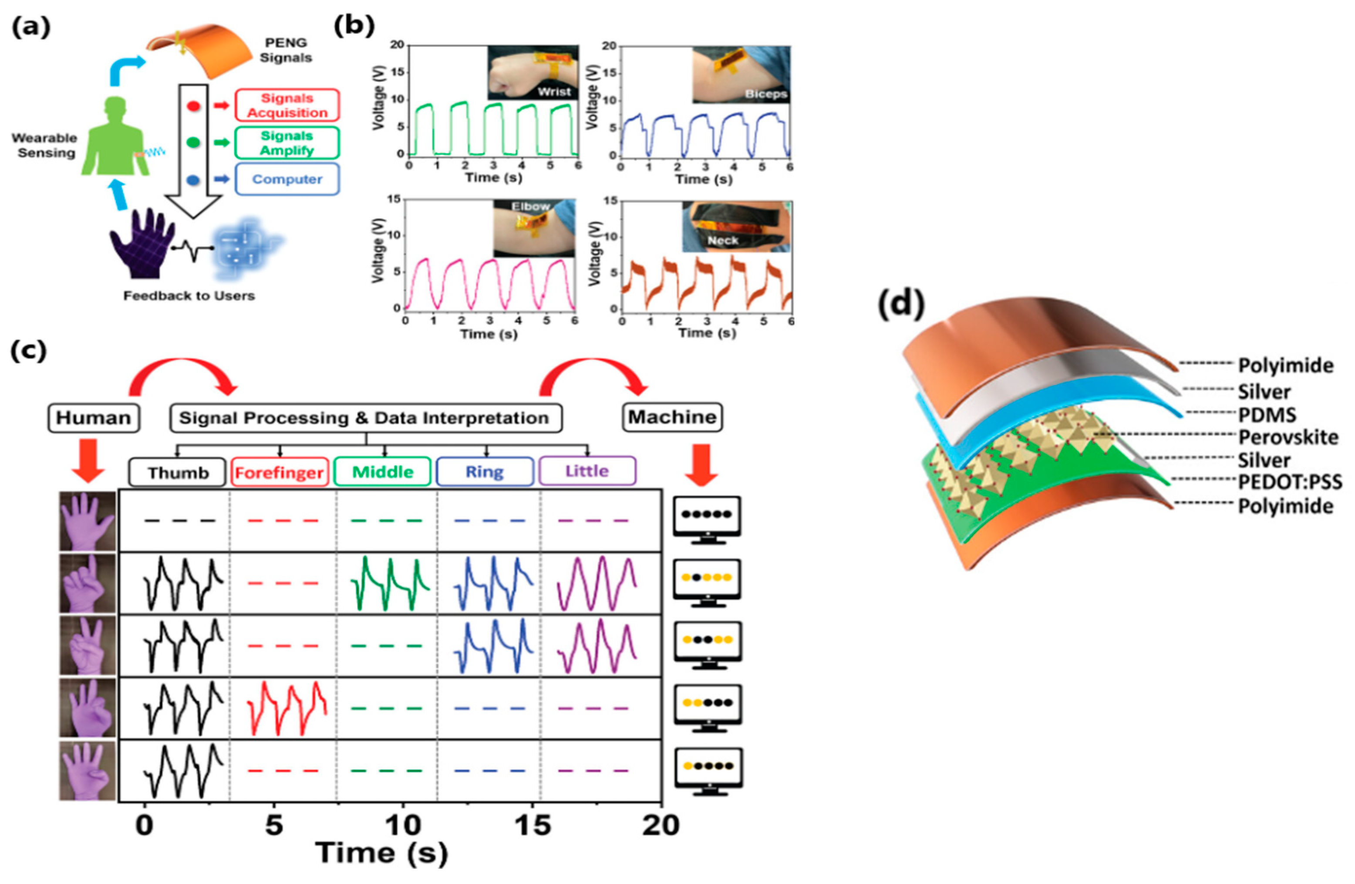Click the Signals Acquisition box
287,105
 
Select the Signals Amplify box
287,143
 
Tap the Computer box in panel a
287,180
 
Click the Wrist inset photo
533,73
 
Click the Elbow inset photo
534,228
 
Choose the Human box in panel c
93,417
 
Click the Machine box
672,417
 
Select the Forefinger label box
280,473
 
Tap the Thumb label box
178,473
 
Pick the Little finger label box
587,471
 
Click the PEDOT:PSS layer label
1290,482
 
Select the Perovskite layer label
1288,437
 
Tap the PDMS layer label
1267,415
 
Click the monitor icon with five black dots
707,519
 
